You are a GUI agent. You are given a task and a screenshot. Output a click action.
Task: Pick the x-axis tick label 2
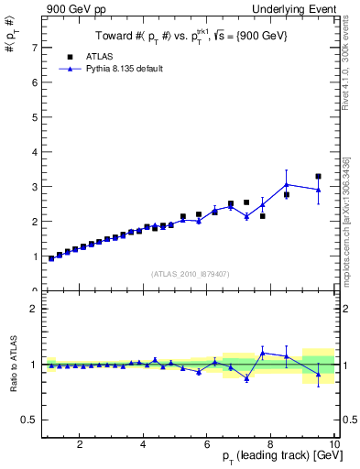pyautogui.click(x=81, y=445)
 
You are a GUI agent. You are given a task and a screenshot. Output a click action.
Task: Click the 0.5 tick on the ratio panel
pyautogui.click(x=29, y=420)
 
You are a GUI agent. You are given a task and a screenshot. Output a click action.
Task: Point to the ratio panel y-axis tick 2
pyautogui.click(x=33, y=309)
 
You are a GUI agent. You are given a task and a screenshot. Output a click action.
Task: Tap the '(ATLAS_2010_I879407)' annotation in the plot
pyautogui.click(x=190, y=272)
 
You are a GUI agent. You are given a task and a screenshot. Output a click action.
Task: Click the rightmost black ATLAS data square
pyautogui.click(x=318, y=176)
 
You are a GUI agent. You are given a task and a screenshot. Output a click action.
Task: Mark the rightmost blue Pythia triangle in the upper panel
pyautogui.click(x=318, y=190)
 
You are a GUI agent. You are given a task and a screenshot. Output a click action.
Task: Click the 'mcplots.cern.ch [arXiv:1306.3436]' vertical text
pyautogui.click(x=349, y=220)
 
